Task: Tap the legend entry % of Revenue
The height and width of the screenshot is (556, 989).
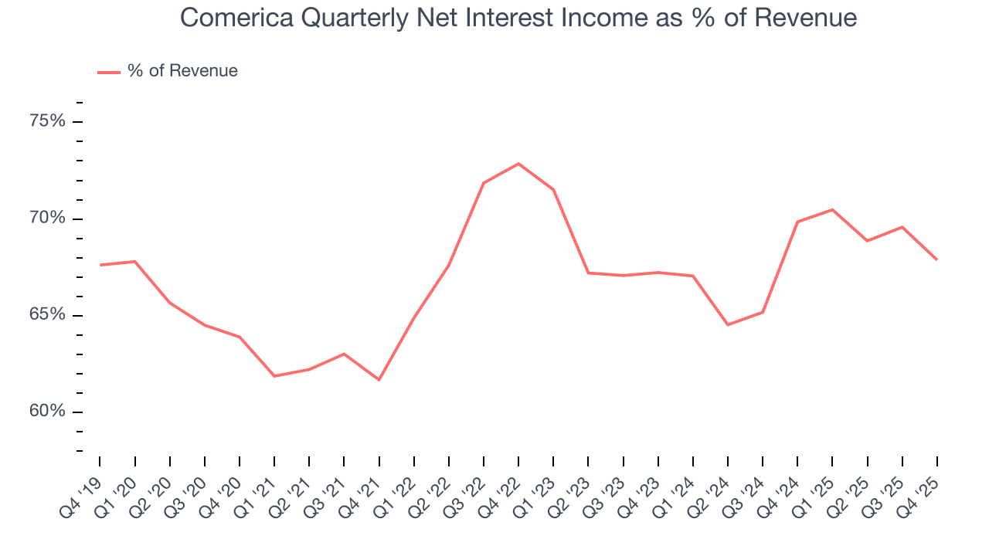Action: (182, 71)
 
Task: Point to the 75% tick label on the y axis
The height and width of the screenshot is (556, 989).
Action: (48, 122)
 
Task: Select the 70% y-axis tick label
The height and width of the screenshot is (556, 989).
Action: (48, 219)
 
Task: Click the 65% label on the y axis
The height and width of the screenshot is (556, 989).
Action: (48, 315)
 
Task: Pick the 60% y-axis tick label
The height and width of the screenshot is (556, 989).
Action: (48, 412)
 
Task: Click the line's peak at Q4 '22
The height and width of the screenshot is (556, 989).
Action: (518, 164)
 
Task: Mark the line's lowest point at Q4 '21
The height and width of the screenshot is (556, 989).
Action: (379, 380)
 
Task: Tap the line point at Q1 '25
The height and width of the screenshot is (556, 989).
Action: (832, 209)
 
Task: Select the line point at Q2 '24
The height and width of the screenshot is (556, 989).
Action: (728, 324)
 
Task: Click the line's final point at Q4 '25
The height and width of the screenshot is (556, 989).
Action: (937, 259)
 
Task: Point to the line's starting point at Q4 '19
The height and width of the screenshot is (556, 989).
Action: (100, 265)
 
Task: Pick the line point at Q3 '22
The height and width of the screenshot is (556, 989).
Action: (484, 183)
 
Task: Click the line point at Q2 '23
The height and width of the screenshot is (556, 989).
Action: (588, 273)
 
